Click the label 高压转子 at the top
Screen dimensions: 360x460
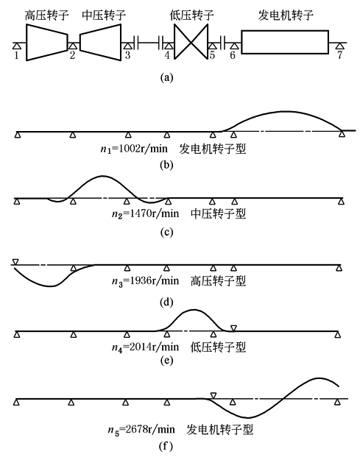pos(46,15)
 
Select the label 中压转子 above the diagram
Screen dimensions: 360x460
pos(104,15)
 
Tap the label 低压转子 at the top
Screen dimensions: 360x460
pos(191,15)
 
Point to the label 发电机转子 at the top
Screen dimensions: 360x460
pos(286,15)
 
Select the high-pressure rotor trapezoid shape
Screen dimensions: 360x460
pos(47,42)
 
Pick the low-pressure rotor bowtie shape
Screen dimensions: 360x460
pos(191,42)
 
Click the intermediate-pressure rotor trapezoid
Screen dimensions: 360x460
pos(100,42)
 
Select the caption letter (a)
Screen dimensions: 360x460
pos(166,78)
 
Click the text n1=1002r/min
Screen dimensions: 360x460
pos(134,149)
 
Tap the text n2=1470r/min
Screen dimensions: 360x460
pos(145,213)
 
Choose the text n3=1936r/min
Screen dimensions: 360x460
pos(145,280)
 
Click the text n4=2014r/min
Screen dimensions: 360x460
pos(145,347)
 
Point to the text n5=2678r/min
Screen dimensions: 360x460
pos(141,430)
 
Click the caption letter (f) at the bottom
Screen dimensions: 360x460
pos(166,447)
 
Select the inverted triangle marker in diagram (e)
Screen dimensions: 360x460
pos(233,328)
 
